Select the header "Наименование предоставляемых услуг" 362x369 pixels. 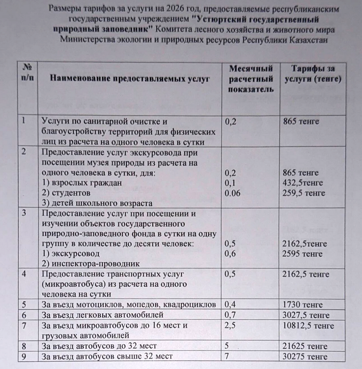coord(130,79)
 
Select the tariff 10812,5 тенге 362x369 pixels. coord(309,326)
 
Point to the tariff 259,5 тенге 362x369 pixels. coord(305,193)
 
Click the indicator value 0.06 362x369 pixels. coord(232,193)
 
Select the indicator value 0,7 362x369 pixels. coord(230,315)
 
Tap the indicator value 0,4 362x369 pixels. coord(230,305)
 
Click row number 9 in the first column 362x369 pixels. coord(24,356)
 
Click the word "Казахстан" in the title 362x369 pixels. coord(309,40)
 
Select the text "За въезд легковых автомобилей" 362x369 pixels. coord(103,315)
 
